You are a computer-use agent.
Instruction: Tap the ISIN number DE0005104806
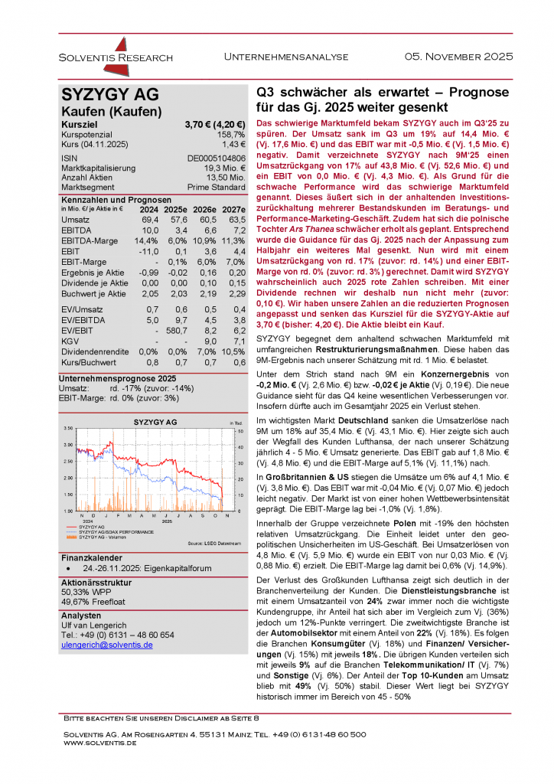(x=216, y=157)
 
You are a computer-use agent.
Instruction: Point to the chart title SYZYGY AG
(x=155, y=422)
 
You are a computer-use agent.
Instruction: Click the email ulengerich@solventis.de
(x=106, y=645)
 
